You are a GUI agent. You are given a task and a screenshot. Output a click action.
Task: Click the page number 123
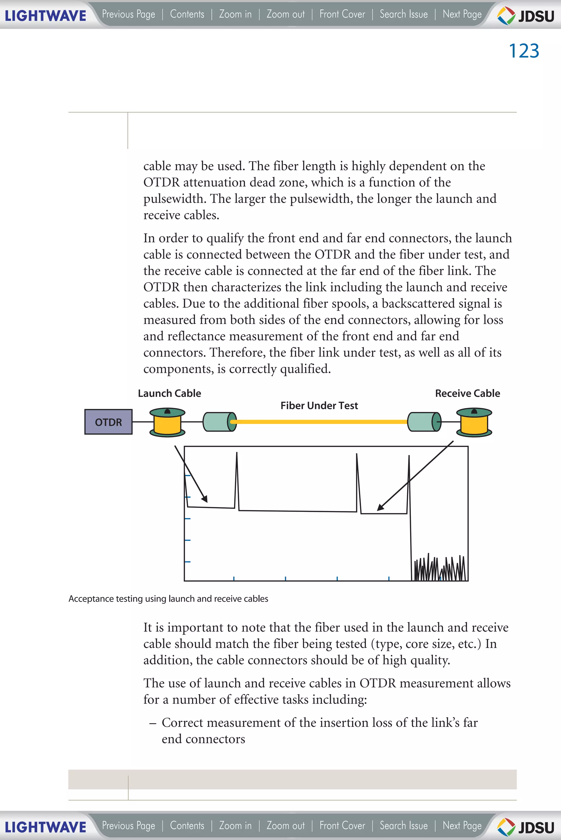523,51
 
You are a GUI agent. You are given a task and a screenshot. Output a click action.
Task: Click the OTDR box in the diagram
108,422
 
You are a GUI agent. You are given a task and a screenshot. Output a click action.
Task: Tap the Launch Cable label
169,393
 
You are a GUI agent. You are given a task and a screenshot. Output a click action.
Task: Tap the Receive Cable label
467,393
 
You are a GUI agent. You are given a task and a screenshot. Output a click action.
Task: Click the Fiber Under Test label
319,405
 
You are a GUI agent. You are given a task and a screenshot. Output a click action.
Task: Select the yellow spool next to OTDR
167,423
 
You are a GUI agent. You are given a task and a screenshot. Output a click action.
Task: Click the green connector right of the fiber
424,422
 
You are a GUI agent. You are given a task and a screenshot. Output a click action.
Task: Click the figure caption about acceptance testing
168,598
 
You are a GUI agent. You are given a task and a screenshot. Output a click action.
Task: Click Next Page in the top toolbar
462,14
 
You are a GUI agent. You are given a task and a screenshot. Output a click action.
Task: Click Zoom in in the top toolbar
235,14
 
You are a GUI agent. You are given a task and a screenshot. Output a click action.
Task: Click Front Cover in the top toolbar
342,14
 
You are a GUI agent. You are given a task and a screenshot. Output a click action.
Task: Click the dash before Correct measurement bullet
153,723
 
